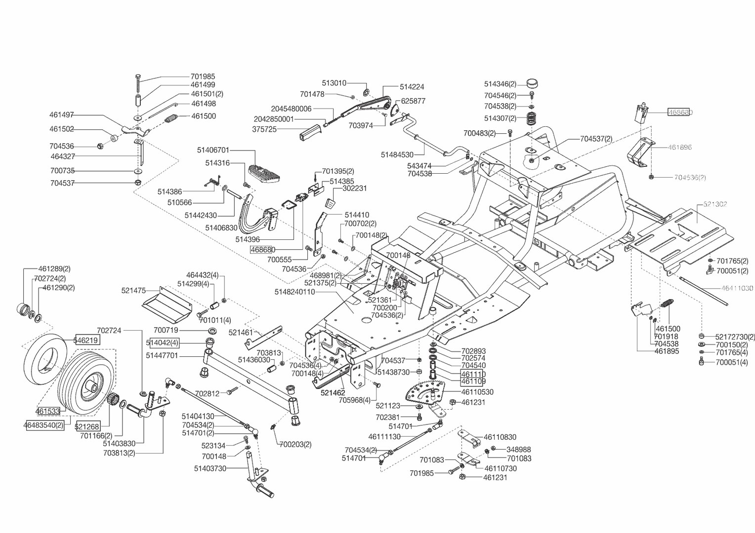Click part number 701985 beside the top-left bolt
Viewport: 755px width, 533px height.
point(203,76)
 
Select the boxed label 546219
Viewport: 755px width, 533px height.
point(86,340)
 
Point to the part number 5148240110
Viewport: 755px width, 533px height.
point(294,292)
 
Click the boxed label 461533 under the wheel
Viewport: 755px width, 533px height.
point(47,411)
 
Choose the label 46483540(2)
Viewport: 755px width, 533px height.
point(44,424)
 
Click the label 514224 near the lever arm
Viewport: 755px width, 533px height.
point(412,87)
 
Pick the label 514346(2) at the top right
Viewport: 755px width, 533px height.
point(500,84)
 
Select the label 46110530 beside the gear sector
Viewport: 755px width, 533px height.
point(477,392)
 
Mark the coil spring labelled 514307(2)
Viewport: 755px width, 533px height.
point(531,118)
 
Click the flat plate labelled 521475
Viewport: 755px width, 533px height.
point(167,303)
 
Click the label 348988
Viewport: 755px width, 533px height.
point(519,450)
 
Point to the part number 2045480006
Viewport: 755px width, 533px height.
point(291,109)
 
